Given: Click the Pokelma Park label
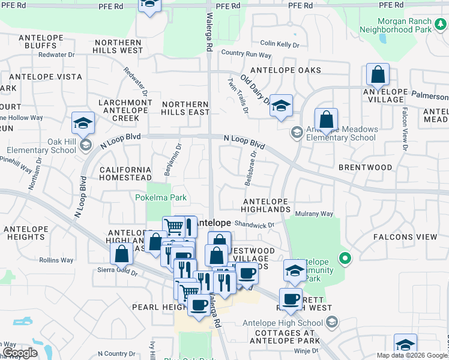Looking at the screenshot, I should (x=161, y=197).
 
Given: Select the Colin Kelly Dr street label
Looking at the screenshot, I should (x=279, y=44).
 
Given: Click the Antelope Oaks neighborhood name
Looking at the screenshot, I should (x=286, y=70).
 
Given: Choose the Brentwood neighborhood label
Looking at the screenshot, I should (x=365, y=167).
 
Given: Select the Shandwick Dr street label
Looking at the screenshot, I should (x=254, y=225).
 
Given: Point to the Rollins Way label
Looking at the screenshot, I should (x=56, y=260).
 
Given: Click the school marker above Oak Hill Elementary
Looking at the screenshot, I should (x=83, y=124).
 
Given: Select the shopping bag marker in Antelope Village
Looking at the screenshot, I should (x=378, y=76).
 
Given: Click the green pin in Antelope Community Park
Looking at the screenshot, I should (x=345, y=259).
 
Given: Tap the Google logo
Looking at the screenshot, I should (x=20, y=353).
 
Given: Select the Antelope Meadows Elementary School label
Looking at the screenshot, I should (x=342, y=133).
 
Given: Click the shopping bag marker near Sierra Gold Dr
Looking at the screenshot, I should (x=121, y=254).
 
